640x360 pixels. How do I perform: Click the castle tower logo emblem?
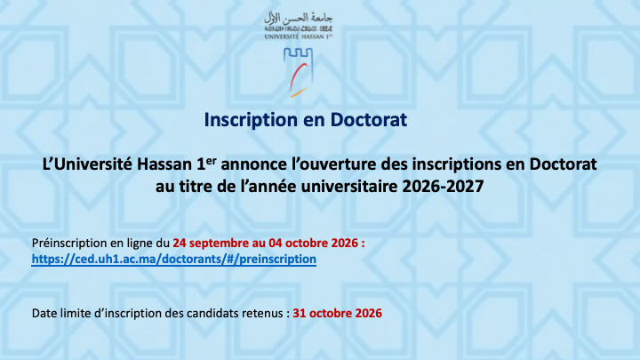click(299, 72)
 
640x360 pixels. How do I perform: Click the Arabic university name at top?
click(299, 18)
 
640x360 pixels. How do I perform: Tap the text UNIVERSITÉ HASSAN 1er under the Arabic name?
click(299, 36)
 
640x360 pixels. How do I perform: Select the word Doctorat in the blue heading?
click(369, 120)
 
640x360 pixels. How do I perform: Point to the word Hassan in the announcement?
click(164, 164)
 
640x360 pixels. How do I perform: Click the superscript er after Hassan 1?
click(211, 160)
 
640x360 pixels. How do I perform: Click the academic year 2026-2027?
click(443, 187)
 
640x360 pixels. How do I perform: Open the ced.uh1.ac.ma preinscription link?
click(174, 260)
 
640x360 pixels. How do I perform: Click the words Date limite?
click(56, 313)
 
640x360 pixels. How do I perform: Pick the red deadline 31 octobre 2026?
click(338, 313)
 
